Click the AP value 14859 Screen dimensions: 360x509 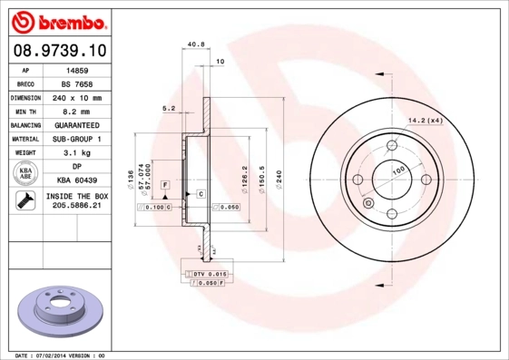[76, 69]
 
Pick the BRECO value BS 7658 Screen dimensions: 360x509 [76, 83]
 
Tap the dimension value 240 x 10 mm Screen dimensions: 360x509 [76, 97]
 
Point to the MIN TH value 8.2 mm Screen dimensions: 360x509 [76, 111]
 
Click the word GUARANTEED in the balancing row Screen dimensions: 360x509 [76, 124]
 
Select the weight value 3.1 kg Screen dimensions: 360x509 [76, 152]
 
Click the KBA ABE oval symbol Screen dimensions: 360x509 [26, 173]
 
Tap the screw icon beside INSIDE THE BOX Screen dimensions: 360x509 [26, 201]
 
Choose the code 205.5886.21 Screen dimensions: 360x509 [76, 207]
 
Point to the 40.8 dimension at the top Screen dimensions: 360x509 [193, 43]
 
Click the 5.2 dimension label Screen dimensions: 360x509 [168, 108]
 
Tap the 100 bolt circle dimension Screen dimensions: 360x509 [398, 170]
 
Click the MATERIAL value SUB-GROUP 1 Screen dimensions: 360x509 [76, 139]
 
